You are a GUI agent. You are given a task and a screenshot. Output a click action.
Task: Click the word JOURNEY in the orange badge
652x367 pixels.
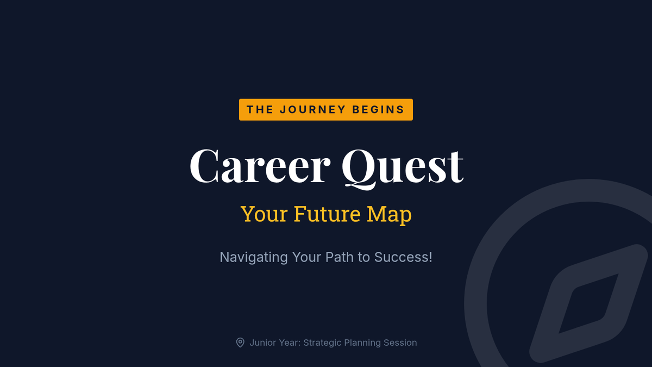[312, 109]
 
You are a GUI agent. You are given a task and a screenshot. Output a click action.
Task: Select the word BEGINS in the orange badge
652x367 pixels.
[378, 109]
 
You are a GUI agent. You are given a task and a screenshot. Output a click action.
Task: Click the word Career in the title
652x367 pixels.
[260, 166]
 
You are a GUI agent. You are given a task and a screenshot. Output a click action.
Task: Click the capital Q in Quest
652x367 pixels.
[360, 169]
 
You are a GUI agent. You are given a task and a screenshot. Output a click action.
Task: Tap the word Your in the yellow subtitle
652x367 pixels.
[264, 214]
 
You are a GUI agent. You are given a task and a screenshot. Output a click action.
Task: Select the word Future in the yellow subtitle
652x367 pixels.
[327, 214]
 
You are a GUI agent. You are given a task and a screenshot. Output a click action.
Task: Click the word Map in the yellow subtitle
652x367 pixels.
[389, 215]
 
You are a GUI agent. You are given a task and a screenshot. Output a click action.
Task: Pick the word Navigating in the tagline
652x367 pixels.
[254, 258]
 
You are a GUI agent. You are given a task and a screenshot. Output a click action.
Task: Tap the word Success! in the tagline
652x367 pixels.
[403, 257]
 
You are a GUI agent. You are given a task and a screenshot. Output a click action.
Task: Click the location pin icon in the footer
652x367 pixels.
[240, 343]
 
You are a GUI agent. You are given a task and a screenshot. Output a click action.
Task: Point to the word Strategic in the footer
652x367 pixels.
[322, 343]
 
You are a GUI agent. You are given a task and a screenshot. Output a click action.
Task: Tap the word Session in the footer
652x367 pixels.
[400, 343]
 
